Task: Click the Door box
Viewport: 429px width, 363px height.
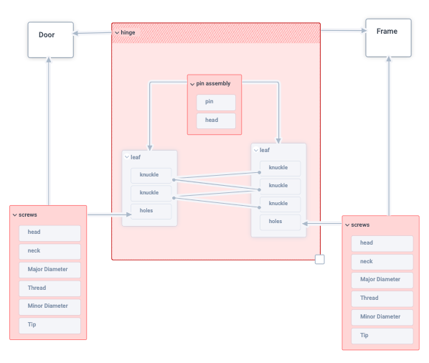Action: [x=51, y=39]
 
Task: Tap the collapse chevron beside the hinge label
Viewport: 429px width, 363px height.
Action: [x=116, y=32]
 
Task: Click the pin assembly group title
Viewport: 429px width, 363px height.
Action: [x=213, y=84]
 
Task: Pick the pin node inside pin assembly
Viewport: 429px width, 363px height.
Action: [x=216, y=102]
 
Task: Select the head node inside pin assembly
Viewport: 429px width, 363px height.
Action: [x=216, y=120]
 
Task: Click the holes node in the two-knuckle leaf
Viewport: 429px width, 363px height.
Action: [x=151, y=211]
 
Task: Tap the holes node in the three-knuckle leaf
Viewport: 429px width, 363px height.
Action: [x=279, y=221]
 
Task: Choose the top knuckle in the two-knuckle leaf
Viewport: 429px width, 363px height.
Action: [x=151, y=175]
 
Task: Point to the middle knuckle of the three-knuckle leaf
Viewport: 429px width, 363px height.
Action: [x=279, y=185]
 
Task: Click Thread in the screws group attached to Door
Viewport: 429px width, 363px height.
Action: [x=49, y=288]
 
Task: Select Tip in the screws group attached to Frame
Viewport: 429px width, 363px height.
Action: [x=382, y=335]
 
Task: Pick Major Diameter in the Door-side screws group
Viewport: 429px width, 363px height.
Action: [x=49, y=270]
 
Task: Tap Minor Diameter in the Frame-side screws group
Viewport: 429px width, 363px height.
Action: [x=382, y=316]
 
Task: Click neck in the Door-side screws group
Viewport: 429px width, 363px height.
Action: [x=49, y=251]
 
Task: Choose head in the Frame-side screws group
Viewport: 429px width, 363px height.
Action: [x=382, y=243]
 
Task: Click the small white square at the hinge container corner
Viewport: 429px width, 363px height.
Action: [x=320, y=259]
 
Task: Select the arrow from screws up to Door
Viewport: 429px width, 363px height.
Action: [x=49, y=129]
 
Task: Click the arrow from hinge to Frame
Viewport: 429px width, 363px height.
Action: [x=343, y=31]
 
